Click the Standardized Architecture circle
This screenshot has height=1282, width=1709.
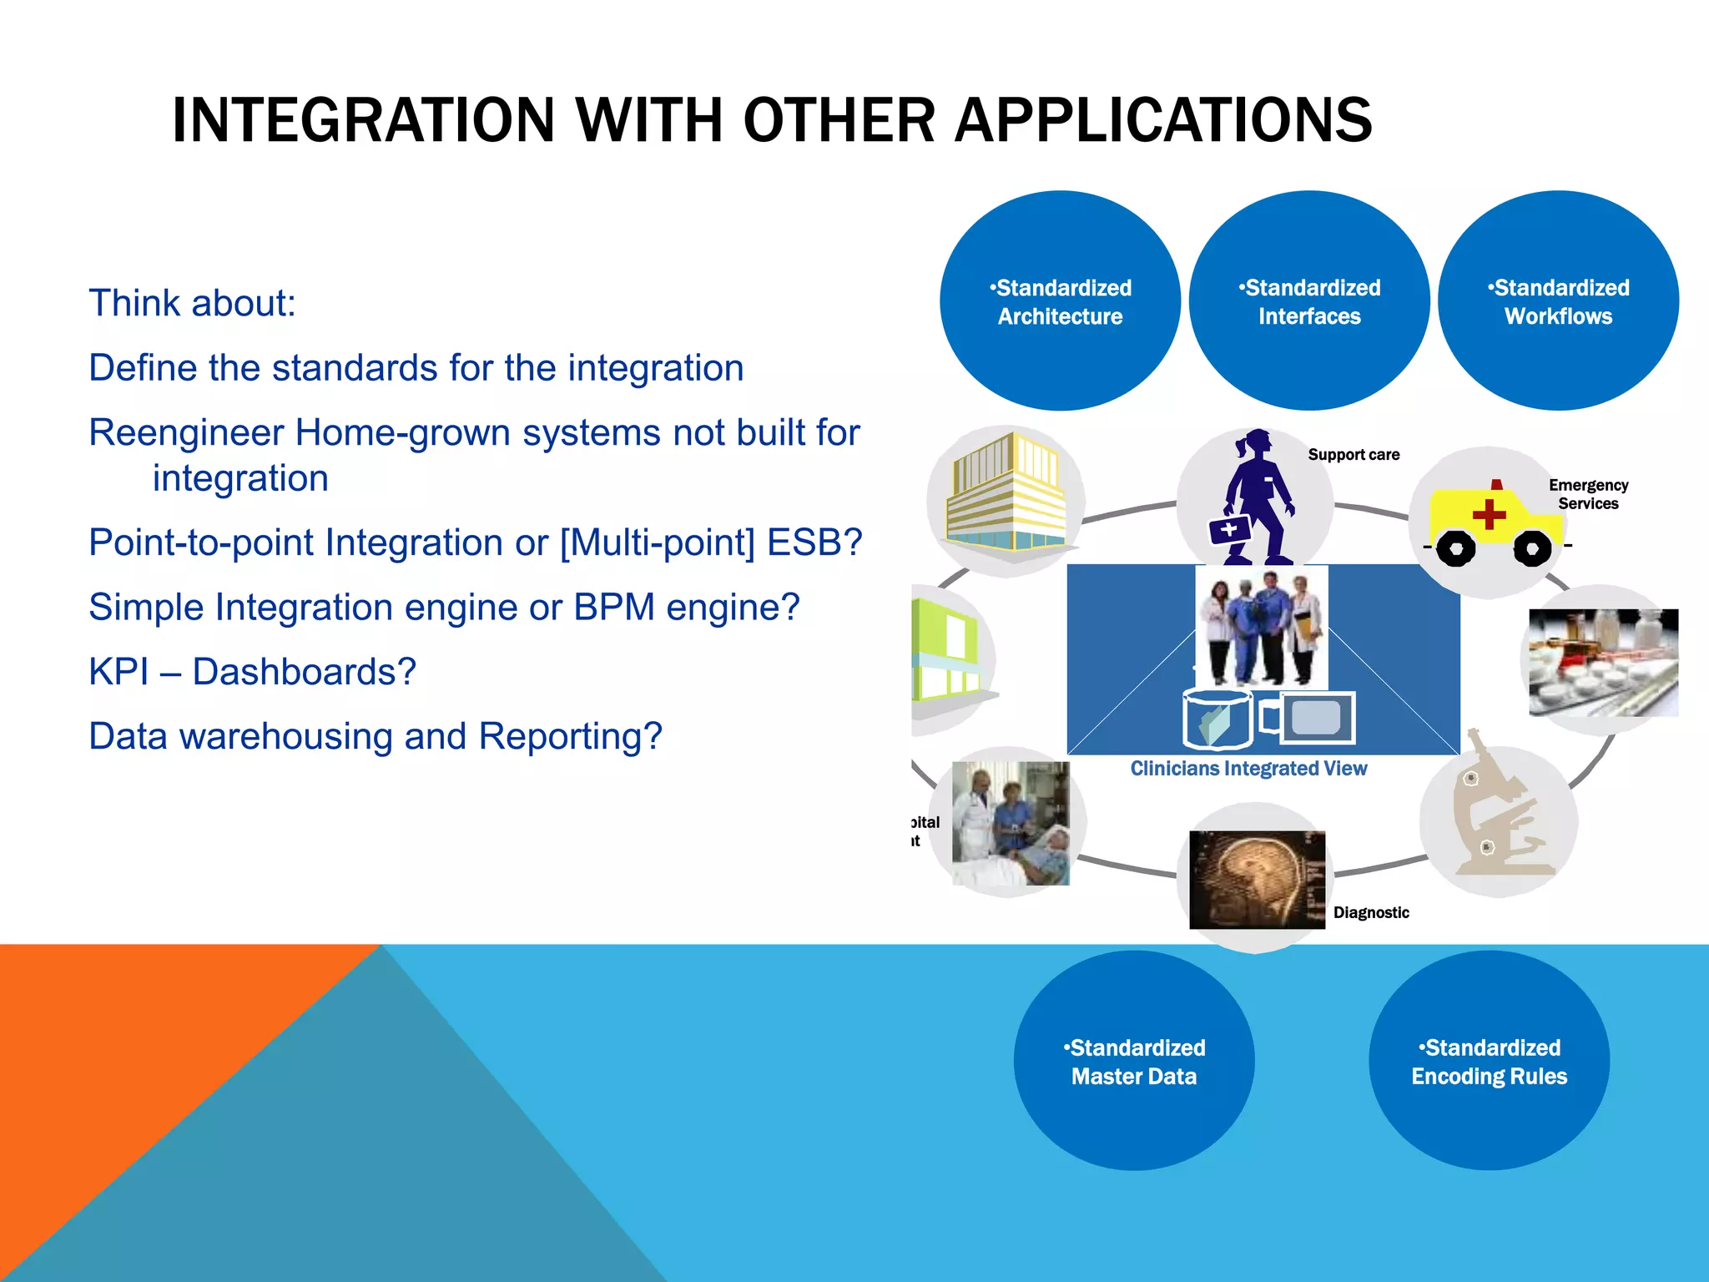(x=1060, y=301)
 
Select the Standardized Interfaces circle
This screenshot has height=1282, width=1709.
(x=1308, y=301)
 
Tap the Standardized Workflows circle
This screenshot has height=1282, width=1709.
(x=1557, y=301)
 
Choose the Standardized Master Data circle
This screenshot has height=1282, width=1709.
(x=1133, y=1061)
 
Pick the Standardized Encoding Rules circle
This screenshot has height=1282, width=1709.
(x=1489, y=1061)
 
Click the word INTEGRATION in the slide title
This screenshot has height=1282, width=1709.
(x=363, y=121)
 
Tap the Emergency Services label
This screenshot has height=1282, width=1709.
(x=1588, y=494)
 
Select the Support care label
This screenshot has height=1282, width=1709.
(x=1354, y=455)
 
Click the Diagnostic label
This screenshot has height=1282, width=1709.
(x=1371, y=913)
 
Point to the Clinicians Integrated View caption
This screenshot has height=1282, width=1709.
(x=1248, y=769)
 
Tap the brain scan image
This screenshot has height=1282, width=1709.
(x=1256, y=879)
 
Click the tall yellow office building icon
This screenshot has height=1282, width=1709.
(x=1006, y=492)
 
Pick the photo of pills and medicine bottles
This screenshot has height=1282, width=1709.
(x=1603, y=663)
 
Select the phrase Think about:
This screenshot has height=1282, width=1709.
(x=192, y=303)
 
